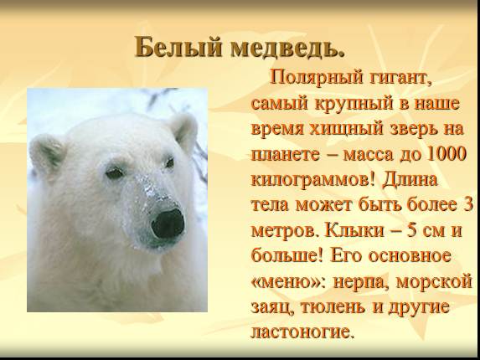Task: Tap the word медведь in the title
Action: point(272,47)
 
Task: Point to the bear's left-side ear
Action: point(47,151)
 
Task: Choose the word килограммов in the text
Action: point(305,179)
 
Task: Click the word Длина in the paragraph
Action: point(417,179)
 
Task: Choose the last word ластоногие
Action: point(302,331)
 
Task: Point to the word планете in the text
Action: point(285,157)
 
